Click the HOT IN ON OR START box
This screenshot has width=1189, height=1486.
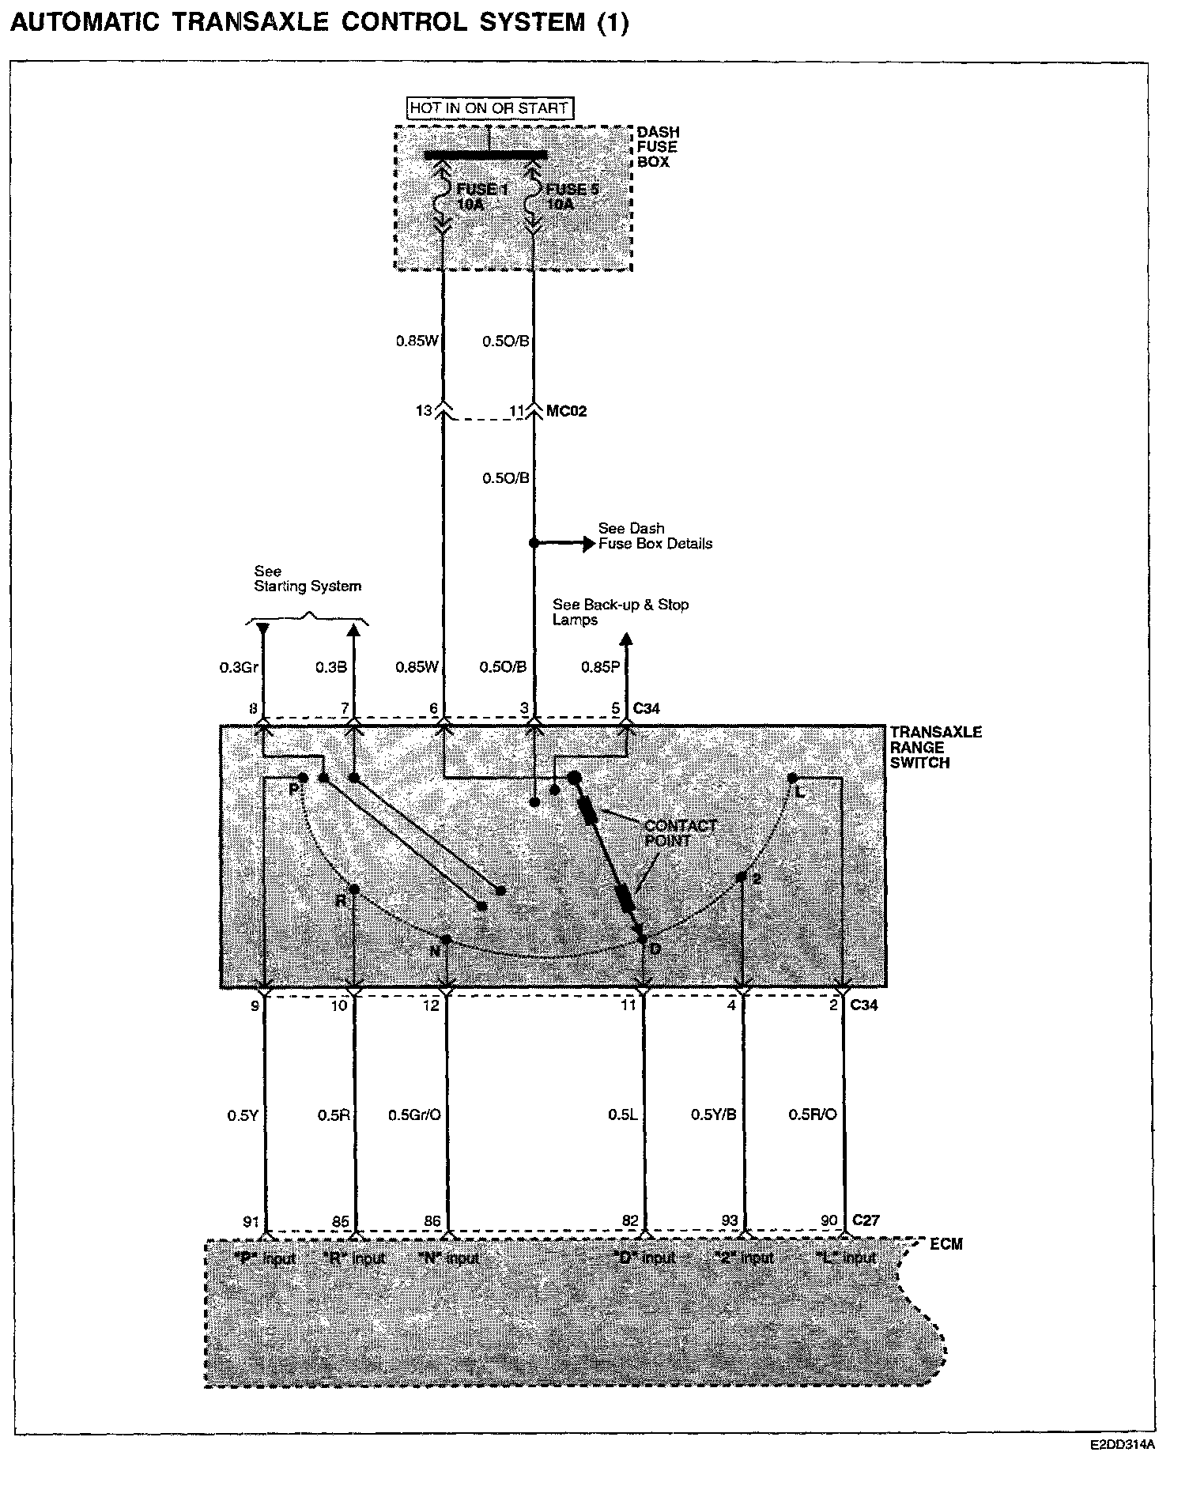coord(489,107)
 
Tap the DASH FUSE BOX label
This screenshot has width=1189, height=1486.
coord(658,147)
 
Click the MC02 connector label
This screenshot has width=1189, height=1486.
coord(567,411)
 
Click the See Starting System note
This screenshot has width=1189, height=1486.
coord(307,579)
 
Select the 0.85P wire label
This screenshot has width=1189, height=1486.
coord(601,667)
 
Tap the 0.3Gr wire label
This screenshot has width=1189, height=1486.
coord(239,667)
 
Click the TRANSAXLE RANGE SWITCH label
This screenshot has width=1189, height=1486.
coord(935,747)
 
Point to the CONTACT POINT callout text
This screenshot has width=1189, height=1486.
coord(680,833)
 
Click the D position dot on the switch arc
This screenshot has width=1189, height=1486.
coord(643,938)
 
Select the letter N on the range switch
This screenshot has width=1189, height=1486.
coord(435,952)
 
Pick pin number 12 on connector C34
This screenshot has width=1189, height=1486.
coord(431,1005)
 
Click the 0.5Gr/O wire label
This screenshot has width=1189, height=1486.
coord(414,1115)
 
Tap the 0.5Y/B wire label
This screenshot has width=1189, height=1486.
coord(713,1115)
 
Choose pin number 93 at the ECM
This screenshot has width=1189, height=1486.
coord(729,1221)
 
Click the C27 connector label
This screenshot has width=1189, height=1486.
coord(866,1220)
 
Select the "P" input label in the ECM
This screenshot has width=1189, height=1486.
coord(265,1258)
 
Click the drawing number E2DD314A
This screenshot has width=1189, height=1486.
coord(1123,1445)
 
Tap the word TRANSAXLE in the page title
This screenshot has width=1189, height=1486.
coord(250,22)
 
